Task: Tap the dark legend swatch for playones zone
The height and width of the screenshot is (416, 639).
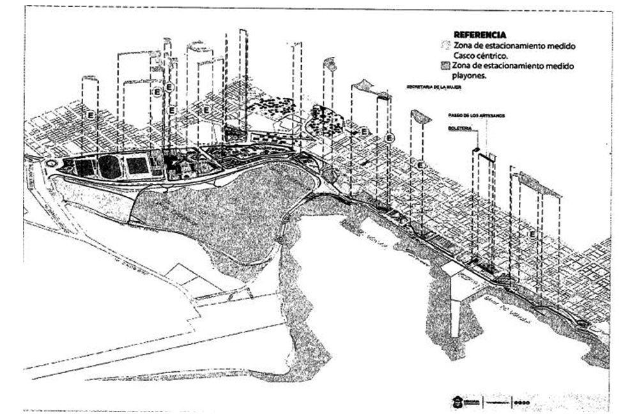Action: pyautogui.click(x=446, y=66)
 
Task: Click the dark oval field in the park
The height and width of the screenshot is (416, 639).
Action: pyautogui.click(x=109, y=167)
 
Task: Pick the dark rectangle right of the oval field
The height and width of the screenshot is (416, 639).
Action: pyautogui.click(x=137, y=166)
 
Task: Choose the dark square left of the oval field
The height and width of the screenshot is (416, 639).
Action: pyautogui.click(x=84, y=168)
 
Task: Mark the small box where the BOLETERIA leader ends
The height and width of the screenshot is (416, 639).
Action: pyautogui.click(x=475, y=150)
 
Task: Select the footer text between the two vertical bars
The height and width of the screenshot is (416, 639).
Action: pyautogui.click(x=497, y=402)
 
